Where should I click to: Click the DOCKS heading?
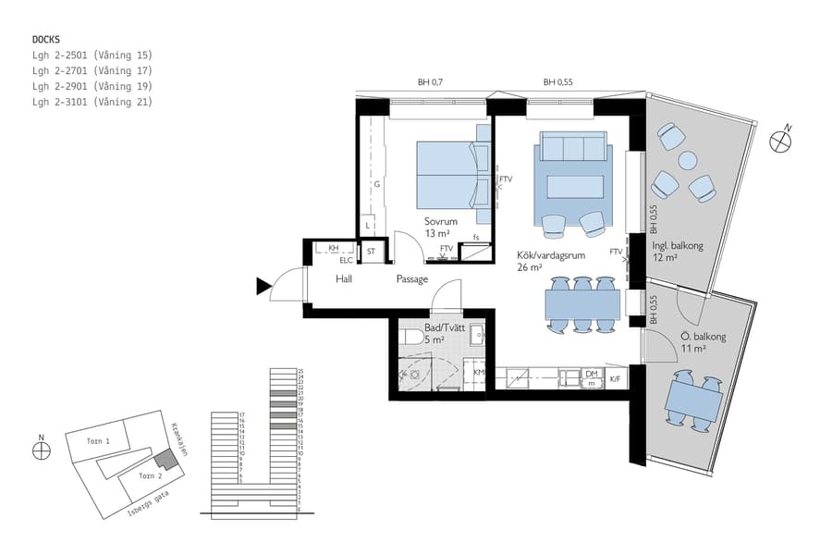46,40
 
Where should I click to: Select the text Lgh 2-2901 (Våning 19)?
92,86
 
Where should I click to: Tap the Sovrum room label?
442,222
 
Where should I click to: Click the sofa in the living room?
573,147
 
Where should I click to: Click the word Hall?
343,278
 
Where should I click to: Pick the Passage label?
412,278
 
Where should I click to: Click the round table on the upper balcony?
687,160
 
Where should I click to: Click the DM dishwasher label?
592,374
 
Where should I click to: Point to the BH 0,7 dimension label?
431,82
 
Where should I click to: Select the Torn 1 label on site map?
98,442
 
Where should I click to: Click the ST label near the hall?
372,251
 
